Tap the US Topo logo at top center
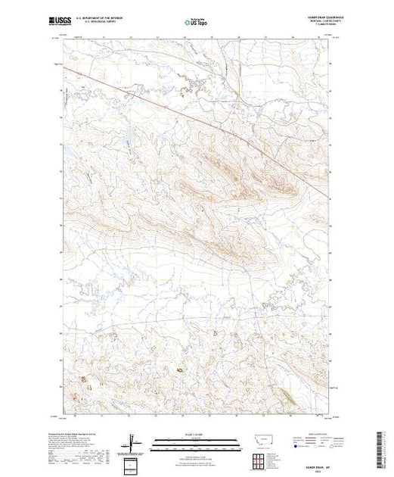point(197,23)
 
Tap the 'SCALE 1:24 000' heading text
point(197,433)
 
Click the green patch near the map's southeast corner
point(288,396)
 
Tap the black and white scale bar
point(197,440)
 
